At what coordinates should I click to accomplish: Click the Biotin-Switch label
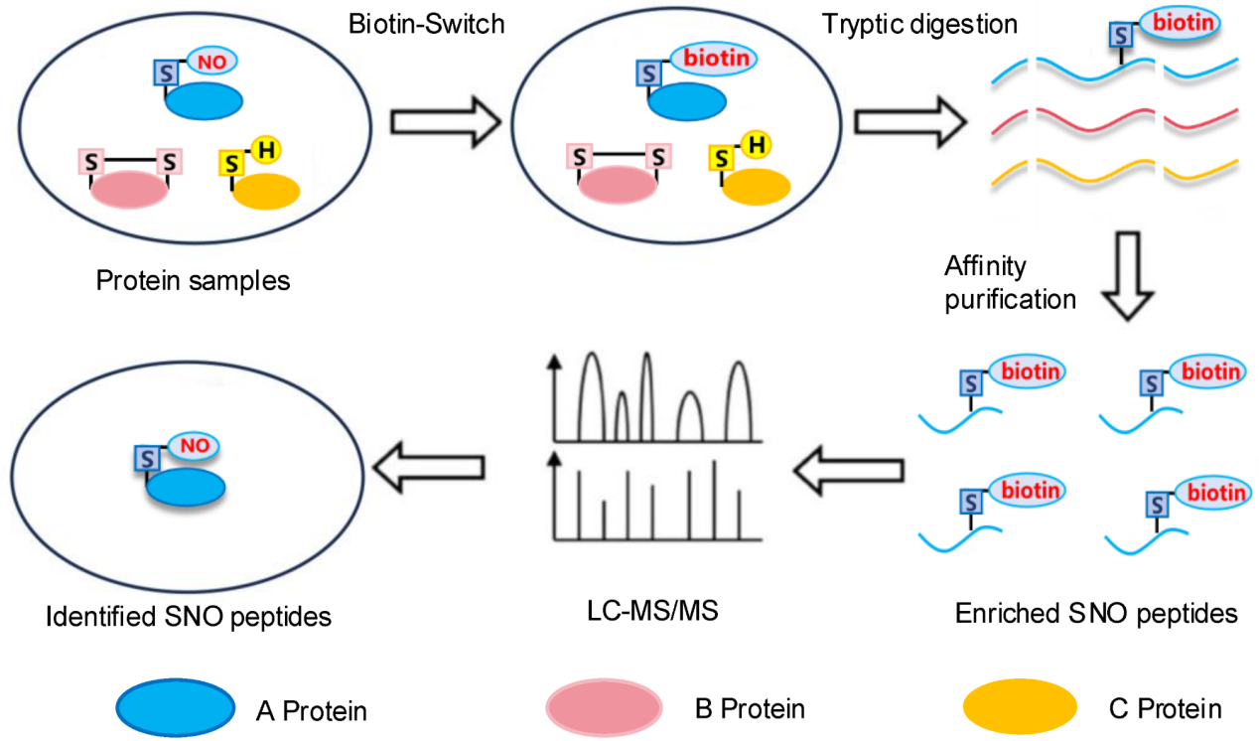[427, 24]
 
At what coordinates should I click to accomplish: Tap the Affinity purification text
[1009, 282]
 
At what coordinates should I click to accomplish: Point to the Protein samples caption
[193, 280]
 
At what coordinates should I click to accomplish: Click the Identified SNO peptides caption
[188, 616]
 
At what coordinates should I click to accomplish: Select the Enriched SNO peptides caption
[1096, 613]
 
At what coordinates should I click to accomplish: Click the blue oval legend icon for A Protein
[175, 707]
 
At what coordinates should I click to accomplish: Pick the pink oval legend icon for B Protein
[604, 707]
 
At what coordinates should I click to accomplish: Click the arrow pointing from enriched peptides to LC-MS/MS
[850, 466]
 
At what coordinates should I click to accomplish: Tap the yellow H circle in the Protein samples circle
[266, 151]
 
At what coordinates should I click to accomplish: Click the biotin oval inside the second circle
[714, 59]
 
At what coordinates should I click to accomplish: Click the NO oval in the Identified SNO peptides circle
[196, 446]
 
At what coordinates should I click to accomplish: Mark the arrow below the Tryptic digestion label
[909, 121]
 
